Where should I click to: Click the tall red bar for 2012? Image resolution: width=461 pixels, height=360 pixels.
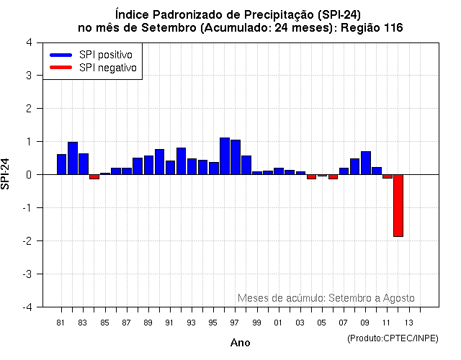398,205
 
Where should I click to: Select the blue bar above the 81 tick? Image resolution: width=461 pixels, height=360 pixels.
61,164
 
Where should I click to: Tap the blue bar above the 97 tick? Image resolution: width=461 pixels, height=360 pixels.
236,157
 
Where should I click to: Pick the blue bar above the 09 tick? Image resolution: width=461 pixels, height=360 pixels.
366,163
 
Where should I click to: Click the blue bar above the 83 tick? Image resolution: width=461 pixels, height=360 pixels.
84,163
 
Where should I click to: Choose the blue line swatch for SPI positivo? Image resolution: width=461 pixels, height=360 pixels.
61,55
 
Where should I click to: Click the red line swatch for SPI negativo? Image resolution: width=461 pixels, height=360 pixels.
61,68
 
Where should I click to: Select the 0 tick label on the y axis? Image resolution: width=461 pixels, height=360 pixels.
28,175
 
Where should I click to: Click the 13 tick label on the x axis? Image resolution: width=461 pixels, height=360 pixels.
408,322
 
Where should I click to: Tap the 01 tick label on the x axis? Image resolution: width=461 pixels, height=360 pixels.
279,322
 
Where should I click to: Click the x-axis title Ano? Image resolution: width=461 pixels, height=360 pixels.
240,343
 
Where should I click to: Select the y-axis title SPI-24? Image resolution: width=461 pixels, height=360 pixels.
6,174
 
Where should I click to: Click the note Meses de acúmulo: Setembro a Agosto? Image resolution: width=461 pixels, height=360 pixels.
326,298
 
